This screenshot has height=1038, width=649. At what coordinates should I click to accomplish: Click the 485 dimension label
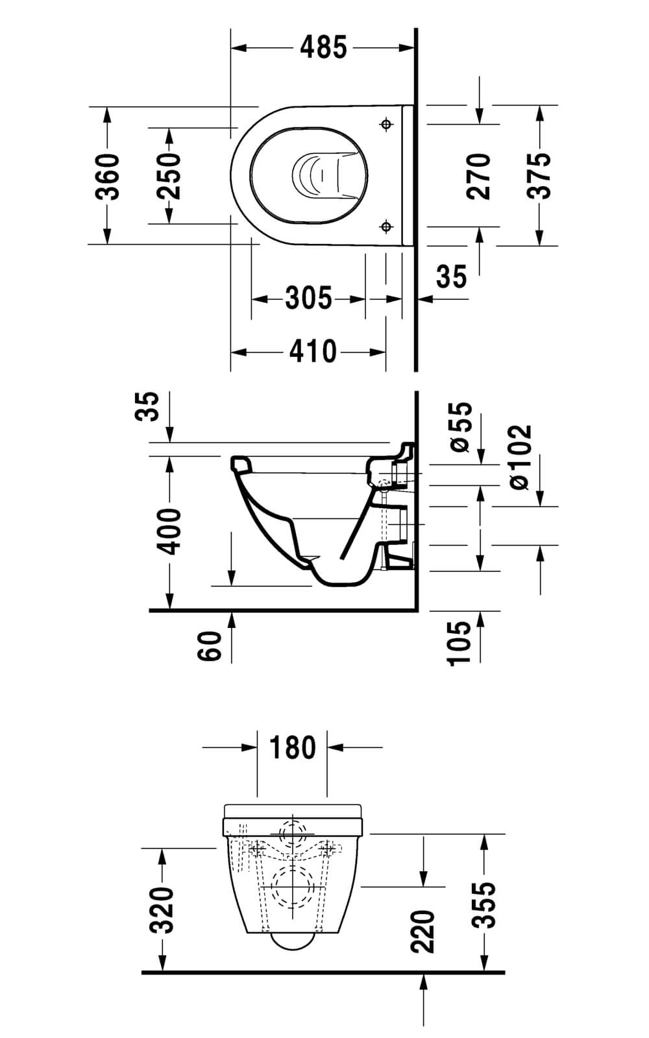pos(324,47)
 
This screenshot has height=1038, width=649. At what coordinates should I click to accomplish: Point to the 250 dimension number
pos(168,176)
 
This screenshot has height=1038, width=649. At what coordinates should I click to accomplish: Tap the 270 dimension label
pos(480,176)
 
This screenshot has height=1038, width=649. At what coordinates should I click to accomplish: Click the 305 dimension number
pos(308,298)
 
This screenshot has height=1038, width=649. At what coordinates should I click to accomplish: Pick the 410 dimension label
pos(313,352)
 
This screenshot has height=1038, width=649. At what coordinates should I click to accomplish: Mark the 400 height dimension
pos(169,531)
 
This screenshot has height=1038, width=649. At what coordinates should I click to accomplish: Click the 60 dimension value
pos(210,645)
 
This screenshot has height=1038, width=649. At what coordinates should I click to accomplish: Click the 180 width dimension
pos(292,747)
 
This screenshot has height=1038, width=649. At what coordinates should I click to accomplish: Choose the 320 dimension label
pos(161,908)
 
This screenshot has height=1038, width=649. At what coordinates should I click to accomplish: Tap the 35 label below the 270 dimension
pos(451,276)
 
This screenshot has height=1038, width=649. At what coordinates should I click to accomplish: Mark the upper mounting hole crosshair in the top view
pos(387,123)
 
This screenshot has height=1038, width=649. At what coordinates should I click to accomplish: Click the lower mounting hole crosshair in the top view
pos(387,226)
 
